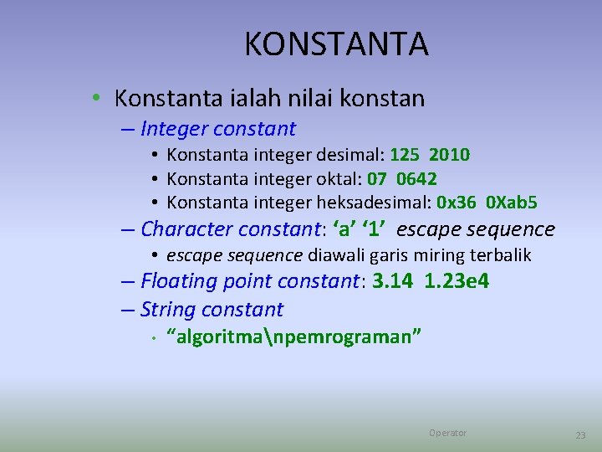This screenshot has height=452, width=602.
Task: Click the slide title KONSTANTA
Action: [x=336, y=44]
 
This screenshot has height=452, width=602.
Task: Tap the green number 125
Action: [x=406, y=155]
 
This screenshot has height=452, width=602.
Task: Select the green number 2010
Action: [x=449, y=155]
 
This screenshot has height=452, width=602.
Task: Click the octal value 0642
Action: [x=416, y=179]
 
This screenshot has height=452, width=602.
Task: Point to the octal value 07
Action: [x=377, y=179]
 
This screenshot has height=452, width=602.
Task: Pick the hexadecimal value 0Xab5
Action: [x=513, y=203]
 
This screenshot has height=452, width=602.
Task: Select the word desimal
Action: [x=352, y=155]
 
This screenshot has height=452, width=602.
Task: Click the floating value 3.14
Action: [x=393, y=281]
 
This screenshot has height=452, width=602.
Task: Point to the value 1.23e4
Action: [x=457, y=281]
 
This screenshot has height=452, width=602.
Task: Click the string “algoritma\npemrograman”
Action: [x=294, y=336]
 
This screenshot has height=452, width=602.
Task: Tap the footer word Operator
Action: [x=447, y=433]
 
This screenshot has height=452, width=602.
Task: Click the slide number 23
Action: [x=580, y=435]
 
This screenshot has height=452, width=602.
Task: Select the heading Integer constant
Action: [x=218, y=129]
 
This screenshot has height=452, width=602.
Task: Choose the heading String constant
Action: [x=212, y=310]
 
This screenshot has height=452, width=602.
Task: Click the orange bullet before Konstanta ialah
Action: [x=98, y=99]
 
